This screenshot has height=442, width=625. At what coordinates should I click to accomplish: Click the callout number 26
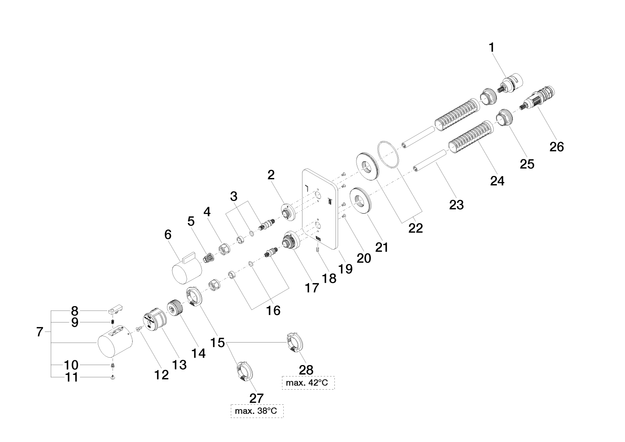coord(557,146)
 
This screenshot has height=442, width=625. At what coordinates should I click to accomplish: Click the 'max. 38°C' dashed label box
coord(257,411)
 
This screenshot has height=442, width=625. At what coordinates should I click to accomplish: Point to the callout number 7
coord(39,332)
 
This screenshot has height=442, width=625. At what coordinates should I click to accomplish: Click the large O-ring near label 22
coord(388,154)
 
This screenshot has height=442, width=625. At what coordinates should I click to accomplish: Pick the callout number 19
coord(345,268)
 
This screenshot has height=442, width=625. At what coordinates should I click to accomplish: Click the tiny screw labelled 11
coord(112,378)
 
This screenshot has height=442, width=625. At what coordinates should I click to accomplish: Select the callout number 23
coord(456,204)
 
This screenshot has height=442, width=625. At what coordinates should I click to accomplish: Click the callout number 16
coord(273,311)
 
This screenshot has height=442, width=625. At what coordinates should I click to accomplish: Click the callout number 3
coord(234,196)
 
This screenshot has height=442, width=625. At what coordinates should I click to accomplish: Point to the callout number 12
coord(162,374)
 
